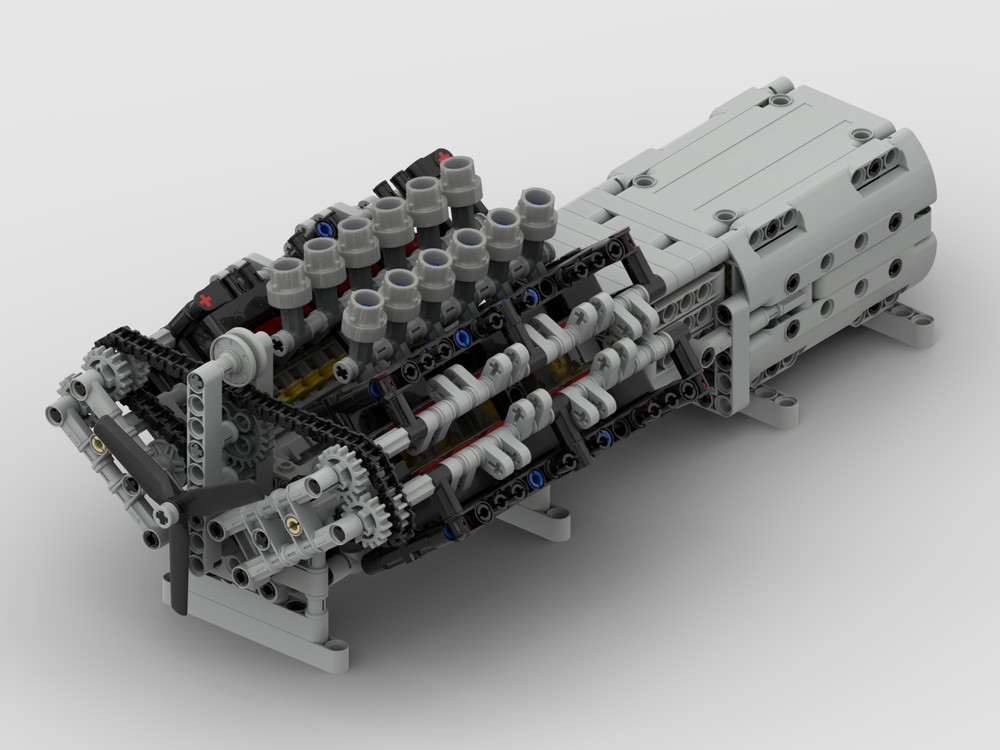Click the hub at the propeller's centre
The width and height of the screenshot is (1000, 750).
168,512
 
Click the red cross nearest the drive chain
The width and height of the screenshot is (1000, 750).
205,299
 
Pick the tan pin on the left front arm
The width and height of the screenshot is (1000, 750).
99,441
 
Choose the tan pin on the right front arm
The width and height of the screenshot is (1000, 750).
291,524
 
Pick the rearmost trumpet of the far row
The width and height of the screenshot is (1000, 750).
459,177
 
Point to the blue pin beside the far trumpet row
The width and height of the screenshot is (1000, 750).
322,228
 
